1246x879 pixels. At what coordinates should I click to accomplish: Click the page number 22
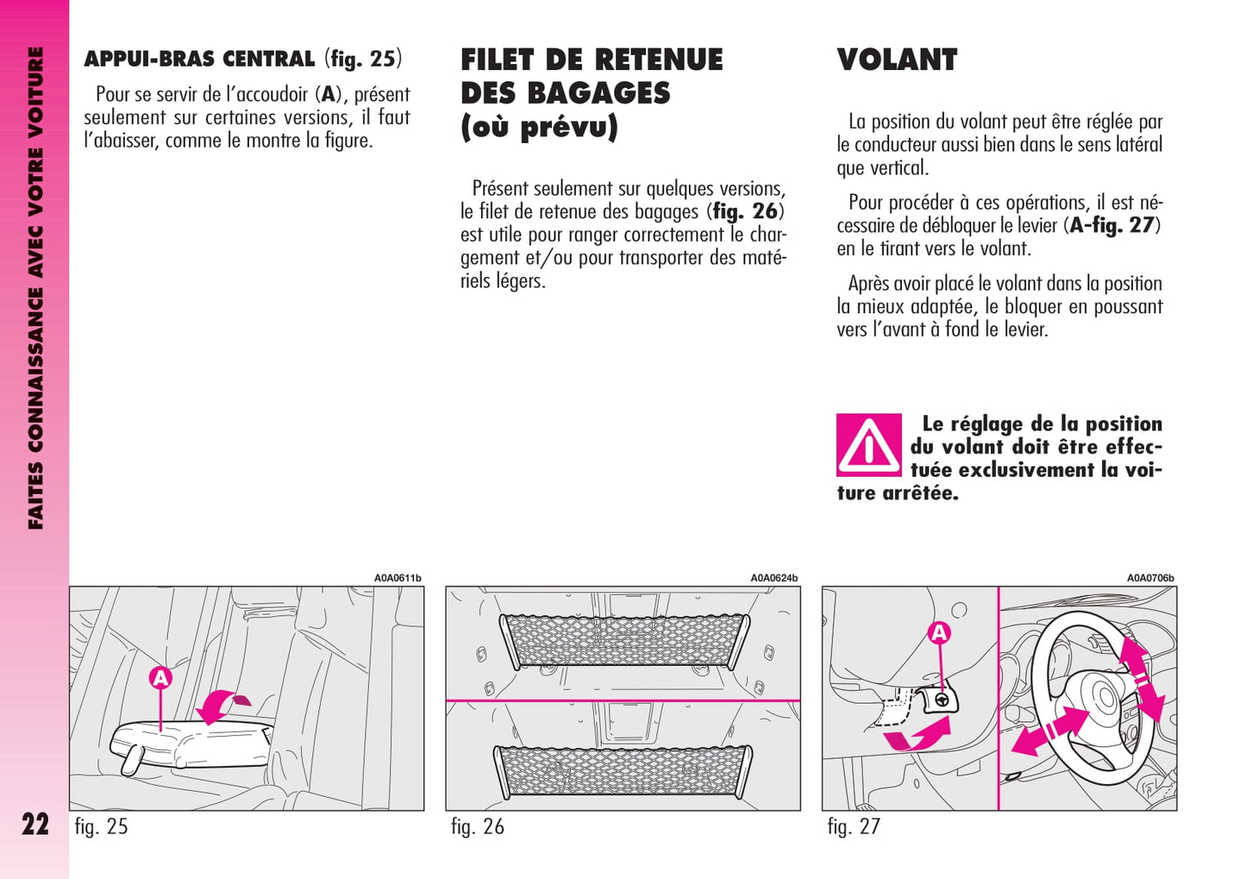[x=35, y=825]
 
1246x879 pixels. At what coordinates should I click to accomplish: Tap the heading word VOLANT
[x=897, y=60]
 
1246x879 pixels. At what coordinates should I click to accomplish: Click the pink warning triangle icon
[x=868, y=445]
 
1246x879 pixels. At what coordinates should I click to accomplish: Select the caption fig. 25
[x=101, y=826]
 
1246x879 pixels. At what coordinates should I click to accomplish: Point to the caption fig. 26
[x=477, y=826]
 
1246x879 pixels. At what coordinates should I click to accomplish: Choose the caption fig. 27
[x=854, y=826]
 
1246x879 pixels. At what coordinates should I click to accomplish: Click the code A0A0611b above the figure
[x=398, y=578]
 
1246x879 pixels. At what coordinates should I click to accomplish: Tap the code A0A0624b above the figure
[x=773, y=578]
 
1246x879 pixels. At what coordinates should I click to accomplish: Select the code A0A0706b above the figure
[x=1150, y=578]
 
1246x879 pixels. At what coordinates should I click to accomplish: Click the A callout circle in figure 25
[x=160, y=679]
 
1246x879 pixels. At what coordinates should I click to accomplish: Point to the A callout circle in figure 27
[x=939, y=633]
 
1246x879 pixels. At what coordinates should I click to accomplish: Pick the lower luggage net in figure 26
[x=623, y=770]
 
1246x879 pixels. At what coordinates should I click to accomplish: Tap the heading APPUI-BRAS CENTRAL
[x=199, y=60]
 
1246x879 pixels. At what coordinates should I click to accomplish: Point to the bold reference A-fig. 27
[x=1113, y=225]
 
